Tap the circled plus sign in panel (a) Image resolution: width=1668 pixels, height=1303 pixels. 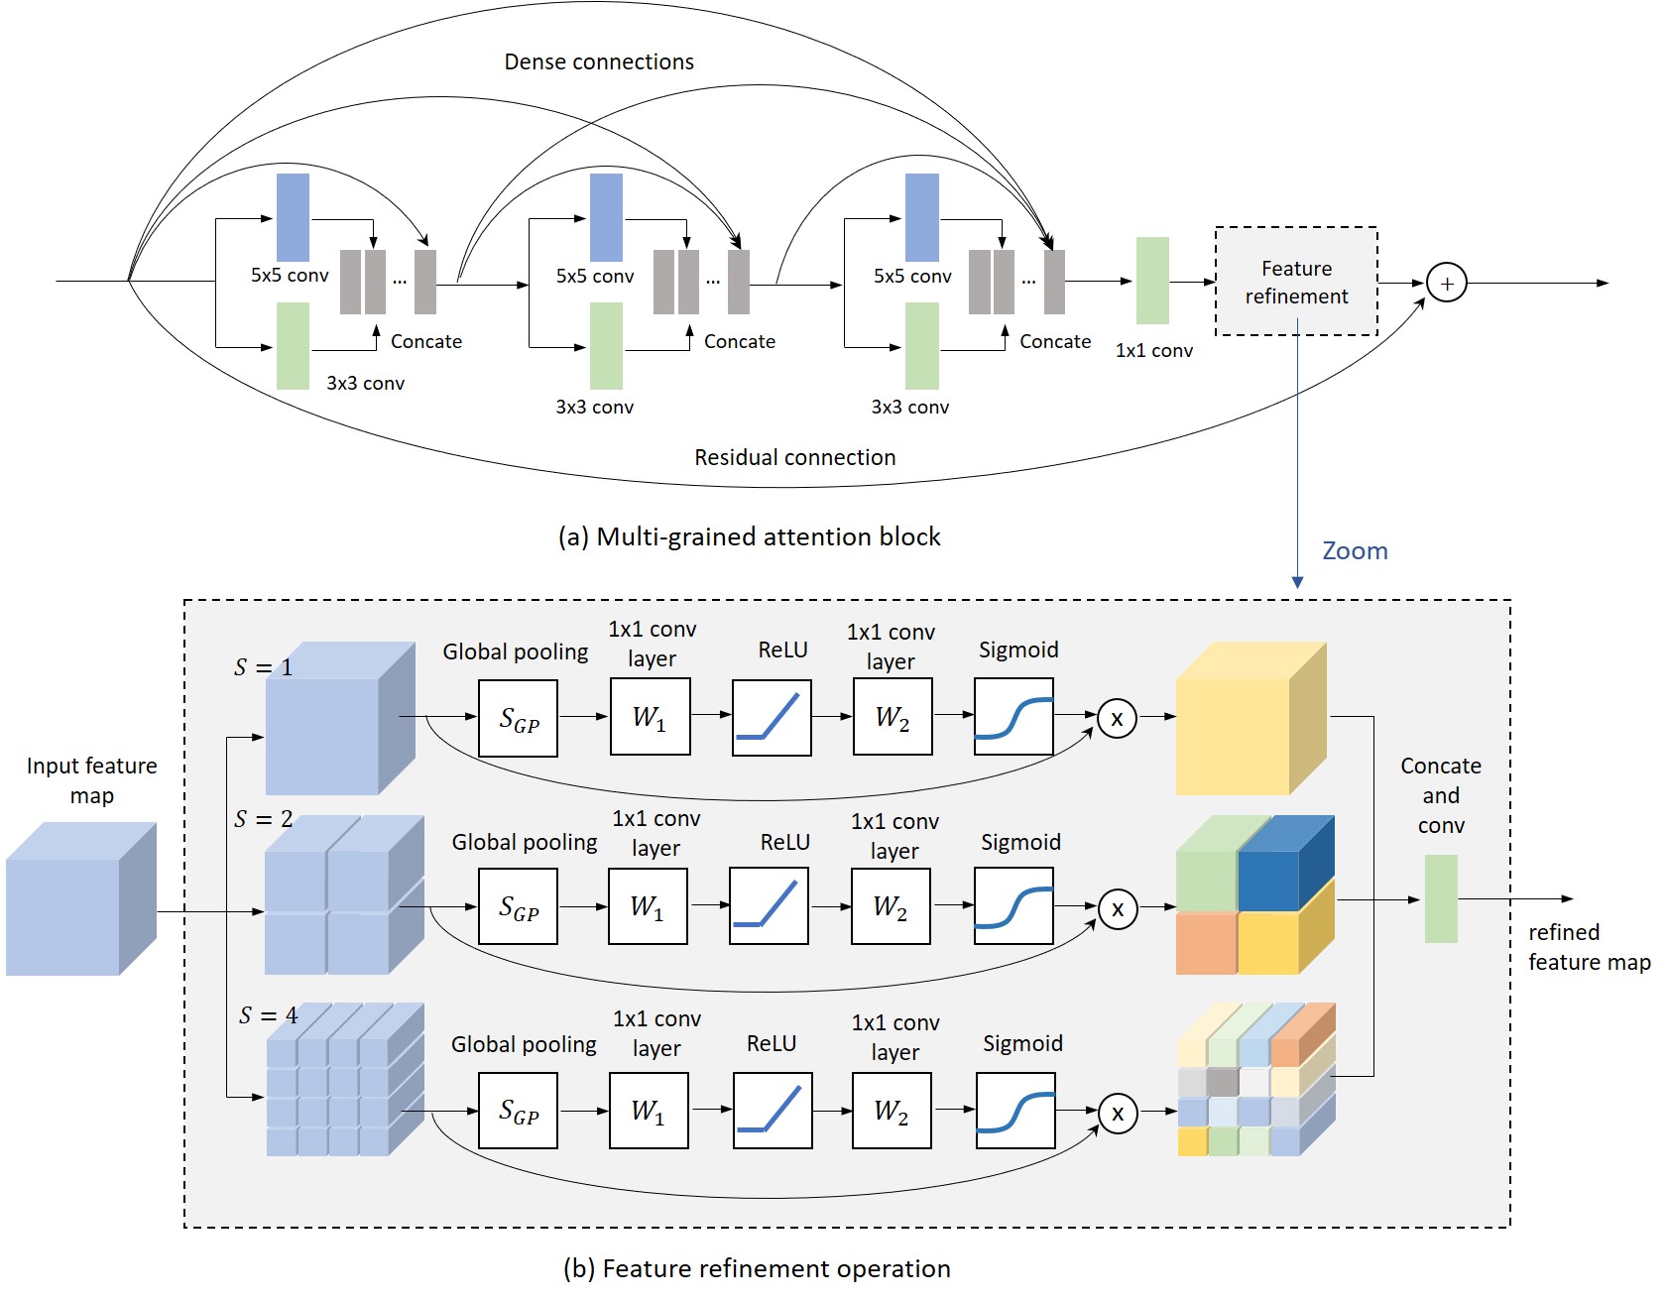[x=1447, y=284]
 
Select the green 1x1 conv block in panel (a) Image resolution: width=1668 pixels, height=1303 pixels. [x=1152, y=281]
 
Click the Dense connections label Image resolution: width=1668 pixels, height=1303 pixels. [x=599, y=61]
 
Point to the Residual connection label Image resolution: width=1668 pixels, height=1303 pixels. [x=794, y=457]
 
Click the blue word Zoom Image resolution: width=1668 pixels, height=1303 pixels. [x=1355, y=551]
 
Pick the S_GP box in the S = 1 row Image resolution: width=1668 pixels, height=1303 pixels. [x=518, y=719]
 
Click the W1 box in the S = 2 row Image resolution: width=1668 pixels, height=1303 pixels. [x=648, y=906]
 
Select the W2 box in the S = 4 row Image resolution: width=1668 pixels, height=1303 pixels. [x=892, y=1111]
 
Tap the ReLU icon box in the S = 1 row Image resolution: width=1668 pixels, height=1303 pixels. [x=772, y=718]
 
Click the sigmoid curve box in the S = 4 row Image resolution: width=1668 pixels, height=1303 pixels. [x=1015, y=1111]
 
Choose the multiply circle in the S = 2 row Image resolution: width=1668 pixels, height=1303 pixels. [x=1118, y=909]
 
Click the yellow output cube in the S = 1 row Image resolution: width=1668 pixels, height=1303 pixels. [x=1251, y=719]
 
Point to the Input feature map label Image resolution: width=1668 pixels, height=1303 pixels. [x=91, y=780]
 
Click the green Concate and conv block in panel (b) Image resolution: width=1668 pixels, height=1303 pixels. [x=1441, y=898]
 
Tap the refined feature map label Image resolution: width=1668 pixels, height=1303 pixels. [x=1590, y=947]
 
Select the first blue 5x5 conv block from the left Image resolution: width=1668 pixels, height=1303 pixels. [x=293, y=217]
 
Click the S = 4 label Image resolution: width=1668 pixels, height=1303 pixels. [x=268, y=1015]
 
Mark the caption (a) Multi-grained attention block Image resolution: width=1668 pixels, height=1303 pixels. [x=750, y=536]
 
